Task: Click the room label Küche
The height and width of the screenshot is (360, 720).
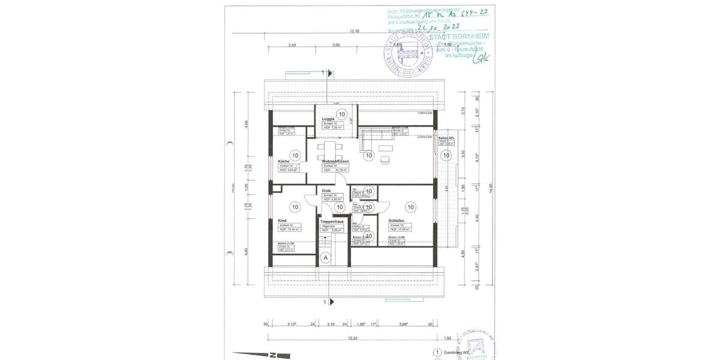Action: (x=284, y=161)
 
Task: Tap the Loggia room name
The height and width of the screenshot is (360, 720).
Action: (x=328, y=119)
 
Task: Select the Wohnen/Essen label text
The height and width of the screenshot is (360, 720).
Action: (x=335, y=161)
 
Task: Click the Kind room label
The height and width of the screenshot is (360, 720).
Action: (x=282, y=220)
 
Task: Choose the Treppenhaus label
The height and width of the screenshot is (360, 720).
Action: (x=332, y=221)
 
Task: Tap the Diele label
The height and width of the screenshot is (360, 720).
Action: (x=326, y=191)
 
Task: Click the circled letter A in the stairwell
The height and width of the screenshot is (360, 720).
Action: (x=326, y=257)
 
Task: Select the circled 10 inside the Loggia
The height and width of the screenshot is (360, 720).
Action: (x=341, y=113)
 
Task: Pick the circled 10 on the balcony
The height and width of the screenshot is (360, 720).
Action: (x=446, y=155)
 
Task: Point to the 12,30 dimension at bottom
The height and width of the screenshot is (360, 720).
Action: (x=353, y=338)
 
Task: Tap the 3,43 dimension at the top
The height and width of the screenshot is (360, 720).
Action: (x=292, y=45)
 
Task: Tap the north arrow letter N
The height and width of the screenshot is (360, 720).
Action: (x=272, y=354)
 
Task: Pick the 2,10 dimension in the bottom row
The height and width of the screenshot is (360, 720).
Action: (x=331, y=325)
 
